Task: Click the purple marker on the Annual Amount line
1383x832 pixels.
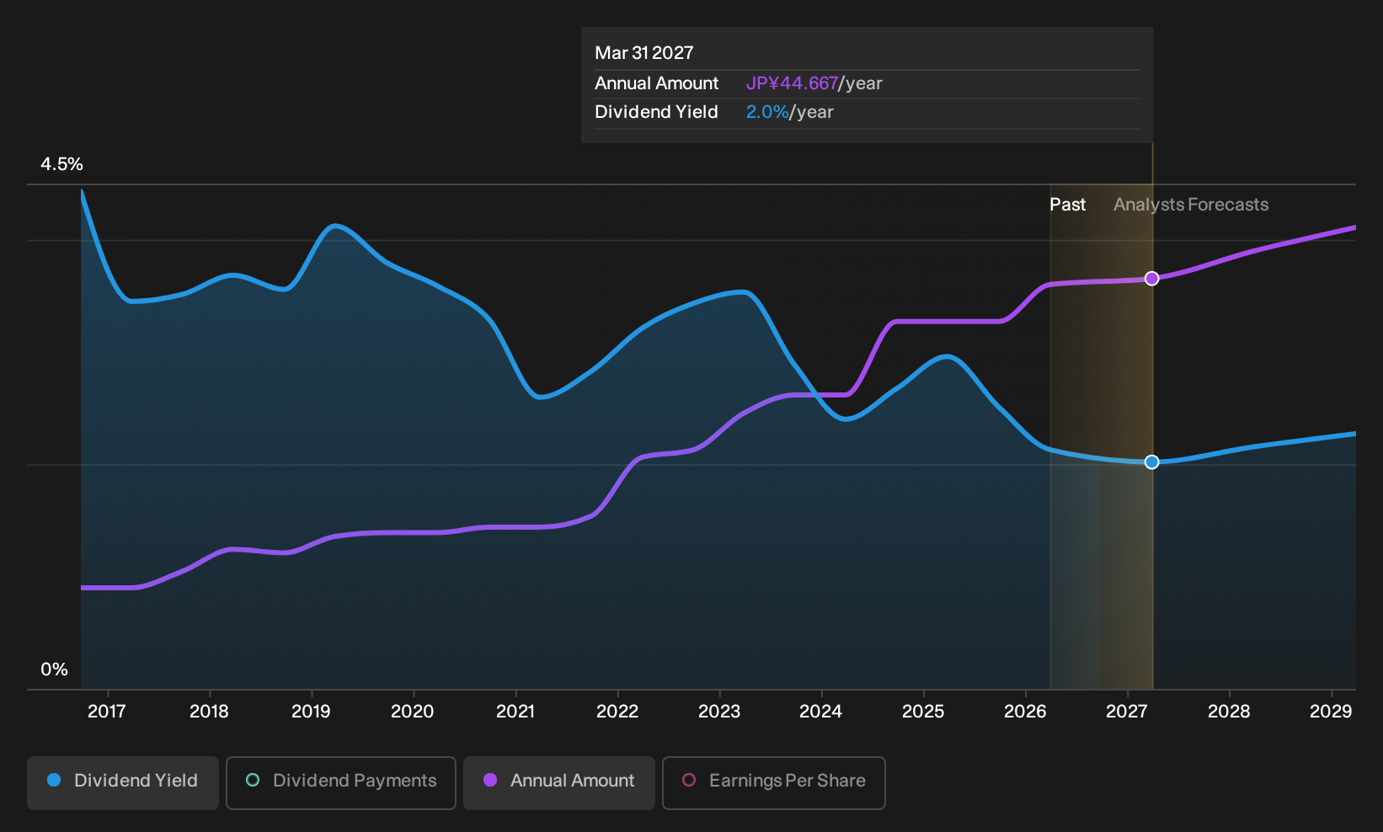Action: tap(1151, 279)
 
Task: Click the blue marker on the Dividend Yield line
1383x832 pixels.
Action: tap(1151, 461)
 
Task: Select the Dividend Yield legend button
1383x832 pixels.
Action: tap(123, 782)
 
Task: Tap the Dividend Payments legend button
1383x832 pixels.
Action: tap(341, 782)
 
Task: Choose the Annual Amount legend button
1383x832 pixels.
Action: tap(558, 782)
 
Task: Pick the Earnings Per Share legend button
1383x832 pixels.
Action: tap(773, 782)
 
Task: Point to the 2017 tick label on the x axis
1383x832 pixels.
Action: tap(107, 712)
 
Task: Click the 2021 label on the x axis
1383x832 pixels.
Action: tap(515, 712)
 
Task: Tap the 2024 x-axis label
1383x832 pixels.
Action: tap(821, 712)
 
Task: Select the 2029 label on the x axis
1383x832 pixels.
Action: tap(1331, 712)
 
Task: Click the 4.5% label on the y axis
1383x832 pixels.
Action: tap(61, 164)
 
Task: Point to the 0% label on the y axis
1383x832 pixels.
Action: tap(55, 669)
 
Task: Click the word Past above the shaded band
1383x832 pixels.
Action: tap(1067, 205)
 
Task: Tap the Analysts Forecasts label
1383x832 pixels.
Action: tap(1191, 205)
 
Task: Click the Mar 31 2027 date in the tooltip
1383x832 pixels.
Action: tap(644, 53)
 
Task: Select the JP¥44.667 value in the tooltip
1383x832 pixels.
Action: tap(792, 83)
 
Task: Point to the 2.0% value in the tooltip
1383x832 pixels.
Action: tap(767, 112)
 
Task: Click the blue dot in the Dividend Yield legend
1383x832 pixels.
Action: tap(55, 780)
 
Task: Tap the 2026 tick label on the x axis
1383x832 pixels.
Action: tap(1025, 712)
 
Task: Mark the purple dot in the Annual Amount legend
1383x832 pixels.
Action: tap(490, 780)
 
